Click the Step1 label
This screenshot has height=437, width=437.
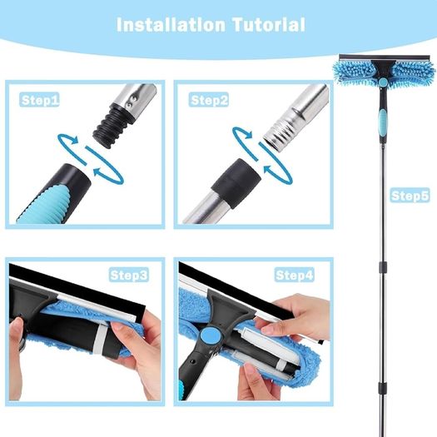(39, 100)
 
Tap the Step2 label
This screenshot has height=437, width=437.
(208, 100)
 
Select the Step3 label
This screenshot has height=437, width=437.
(128, 275)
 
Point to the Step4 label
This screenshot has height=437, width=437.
(295, 275)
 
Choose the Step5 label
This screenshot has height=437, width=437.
(410, 195)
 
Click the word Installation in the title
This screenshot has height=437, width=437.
(171, 24)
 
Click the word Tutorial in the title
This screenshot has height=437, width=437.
(269, 24)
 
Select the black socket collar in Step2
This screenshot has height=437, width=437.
(236, 183)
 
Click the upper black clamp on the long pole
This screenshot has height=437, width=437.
(382, 266)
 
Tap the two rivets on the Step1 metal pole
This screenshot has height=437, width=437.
(132, 102)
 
